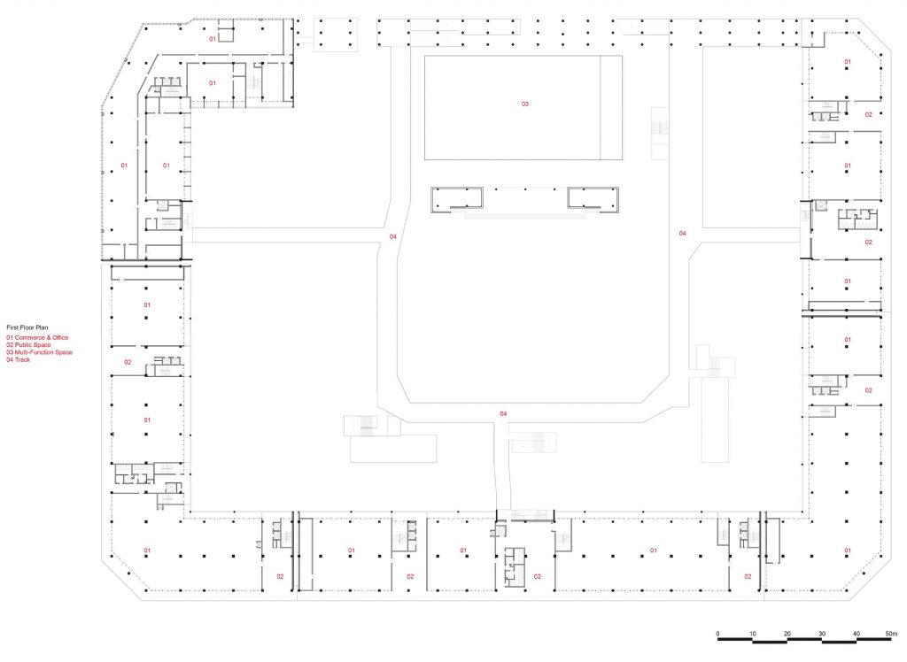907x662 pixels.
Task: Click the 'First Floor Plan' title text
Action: [27, 327]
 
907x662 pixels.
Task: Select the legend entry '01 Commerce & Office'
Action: [37, 338]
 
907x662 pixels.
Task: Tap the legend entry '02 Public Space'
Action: [29, 345]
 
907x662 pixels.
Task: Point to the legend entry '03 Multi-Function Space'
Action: [40, 352]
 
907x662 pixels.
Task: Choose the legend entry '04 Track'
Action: [19, 359]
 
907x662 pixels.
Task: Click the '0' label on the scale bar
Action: [717, 634]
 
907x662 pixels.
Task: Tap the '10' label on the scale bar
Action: [753, 634]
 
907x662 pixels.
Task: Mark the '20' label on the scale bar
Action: [787, 634]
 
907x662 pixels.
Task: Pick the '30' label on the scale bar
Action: [822, 634]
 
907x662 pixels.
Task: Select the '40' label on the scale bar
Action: [857, 634]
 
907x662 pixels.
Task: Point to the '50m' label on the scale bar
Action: [891, 634]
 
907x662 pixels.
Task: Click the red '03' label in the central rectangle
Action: [524, 104]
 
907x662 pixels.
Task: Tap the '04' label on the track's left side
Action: [392, 236]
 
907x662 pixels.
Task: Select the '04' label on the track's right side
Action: [683, 234]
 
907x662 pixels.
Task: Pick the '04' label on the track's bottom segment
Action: [503, 414]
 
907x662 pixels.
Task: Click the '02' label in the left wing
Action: [128, 363]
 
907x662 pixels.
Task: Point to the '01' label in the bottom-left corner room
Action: [147, 550]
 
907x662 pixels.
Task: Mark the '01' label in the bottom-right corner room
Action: [848, 550]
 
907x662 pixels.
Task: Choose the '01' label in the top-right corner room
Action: [848, 62]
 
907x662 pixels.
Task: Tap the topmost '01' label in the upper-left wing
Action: [213, 39]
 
